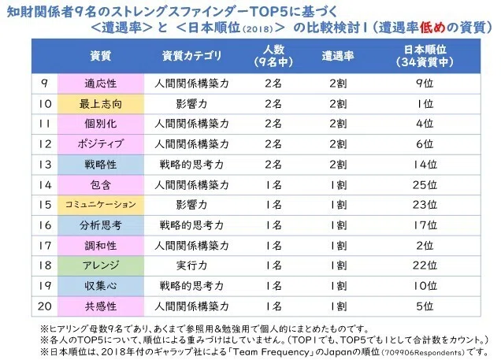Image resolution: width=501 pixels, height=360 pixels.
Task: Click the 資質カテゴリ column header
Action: [191, 56]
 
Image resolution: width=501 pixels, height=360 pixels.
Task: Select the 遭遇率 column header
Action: [338, 56]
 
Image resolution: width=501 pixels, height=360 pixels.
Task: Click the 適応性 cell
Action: [101, 84]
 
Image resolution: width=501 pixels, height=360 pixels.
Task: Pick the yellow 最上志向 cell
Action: [101, 104]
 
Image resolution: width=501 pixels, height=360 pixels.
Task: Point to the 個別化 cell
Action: [101, 124]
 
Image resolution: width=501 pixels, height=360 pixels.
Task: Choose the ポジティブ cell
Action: [101, 144]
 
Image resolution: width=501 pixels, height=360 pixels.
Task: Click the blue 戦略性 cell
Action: [101, 165]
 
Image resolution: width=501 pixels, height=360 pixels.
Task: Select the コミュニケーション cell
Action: [101, 205]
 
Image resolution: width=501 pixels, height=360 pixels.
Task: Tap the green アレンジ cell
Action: [101, 265]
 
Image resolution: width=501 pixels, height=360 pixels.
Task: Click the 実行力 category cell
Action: [191, 265]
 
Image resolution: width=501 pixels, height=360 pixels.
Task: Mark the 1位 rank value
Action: [425, 104]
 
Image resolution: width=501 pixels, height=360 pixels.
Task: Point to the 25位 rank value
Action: [425, 184]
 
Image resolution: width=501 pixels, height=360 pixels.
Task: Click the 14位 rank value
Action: [425, 165]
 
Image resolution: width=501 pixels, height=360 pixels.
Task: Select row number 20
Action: [44, 306]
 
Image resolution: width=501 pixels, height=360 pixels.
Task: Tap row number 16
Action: [44, 225]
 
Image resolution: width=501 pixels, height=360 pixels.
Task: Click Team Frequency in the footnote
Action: [271, 352]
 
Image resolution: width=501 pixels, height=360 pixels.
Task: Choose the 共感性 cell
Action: [101, 306]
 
